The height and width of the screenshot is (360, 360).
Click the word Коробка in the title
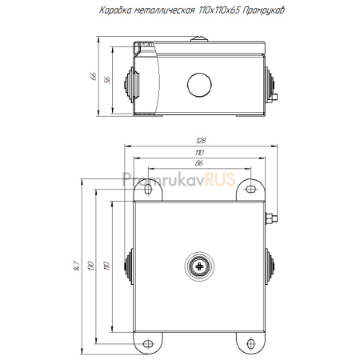(116, 10)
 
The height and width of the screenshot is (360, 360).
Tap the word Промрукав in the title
(264, 10)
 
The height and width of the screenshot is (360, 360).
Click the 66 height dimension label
(94, 76)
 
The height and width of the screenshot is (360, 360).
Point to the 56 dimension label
(107, 80)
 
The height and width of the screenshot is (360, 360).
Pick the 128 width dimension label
(201, 140)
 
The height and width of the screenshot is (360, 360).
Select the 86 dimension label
(199, 163)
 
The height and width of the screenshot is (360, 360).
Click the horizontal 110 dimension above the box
(199, 152)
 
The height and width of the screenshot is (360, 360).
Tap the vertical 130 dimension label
(90, 266)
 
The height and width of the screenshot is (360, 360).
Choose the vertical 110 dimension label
(107, 266)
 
